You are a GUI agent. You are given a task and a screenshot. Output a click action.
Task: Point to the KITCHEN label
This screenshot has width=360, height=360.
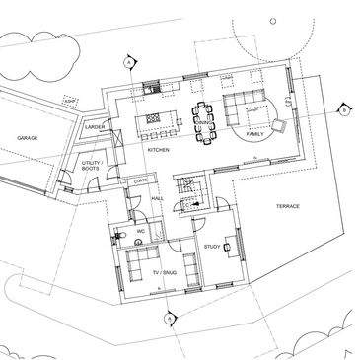pyautogui.click(x=159, y=149)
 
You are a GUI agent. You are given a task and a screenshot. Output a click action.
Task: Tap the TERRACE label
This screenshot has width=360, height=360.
pyautogui.click(x=288, y=205)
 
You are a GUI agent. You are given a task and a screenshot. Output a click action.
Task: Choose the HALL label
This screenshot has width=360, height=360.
pyautogui.click(x=157, y=198)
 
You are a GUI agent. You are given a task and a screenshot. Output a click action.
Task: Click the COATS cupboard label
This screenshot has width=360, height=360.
pyautogui.click(x=140, y=180)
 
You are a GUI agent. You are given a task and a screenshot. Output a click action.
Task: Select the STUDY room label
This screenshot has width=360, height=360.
pyautogui.click(x=211, y=246)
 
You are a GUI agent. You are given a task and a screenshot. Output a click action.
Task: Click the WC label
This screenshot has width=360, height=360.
pyautogui.click(x=141, y=232)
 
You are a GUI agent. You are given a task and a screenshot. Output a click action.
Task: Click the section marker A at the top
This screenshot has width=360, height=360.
pyautogui.click(x=127, y=62)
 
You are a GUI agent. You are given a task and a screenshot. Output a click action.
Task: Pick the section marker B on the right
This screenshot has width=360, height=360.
pyautogui.click(x=342, y=110)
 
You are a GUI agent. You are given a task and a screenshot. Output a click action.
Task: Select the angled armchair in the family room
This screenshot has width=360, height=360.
pyautogui.click(x=280, y=125)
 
